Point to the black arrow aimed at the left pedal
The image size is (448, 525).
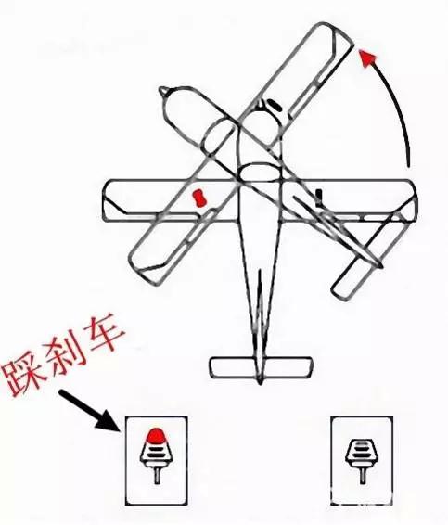(90, 411)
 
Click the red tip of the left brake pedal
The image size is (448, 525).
(156, 434)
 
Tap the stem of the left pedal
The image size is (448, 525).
(157, 474)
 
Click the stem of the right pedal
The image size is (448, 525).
(363, 475)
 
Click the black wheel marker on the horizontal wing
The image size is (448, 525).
(319, 197)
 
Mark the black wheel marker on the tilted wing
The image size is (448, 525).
(275, 105)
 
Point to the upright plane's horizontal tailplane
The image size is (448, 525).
(261, 367)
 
